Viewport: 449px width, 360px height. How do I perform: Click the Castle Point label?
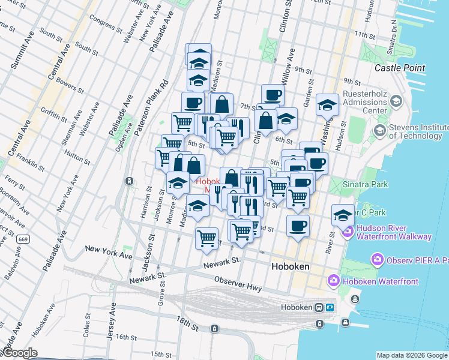(400, 68)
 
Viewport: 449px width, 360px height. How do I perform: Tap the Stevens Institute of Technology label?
(418, 131)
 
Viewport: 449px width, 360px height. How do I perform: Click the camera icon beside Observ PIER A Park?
(378, 259)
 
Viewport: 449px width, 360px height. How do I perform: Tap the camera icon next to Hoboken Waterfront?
(334, 280)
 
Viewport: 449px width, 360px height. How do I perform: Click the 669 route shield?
(23, 239)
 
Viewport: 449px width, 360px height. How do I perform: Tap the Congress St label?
(106, 23)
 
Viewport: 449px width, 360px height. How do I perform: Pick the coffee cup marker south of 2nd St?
(298, 226)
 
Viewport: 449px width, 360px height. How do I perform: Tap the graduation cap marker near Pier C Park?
(343, 215)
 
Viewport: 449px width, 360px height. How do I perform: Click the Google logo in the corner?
(20, 353)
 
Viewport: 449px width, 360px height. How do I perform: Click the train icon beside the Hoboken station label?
(319, 307)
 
